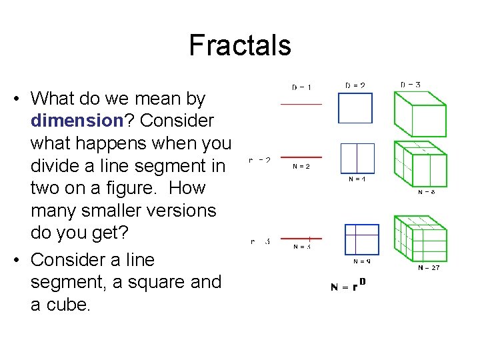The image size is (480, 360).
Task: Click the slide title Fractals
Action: [240, 45]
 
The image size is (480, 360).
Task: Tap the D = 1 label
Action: [302, 87]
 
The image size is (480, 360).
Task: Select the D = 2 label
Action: [355, 85]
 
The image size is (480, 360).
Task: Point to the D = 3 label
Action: [410, 85]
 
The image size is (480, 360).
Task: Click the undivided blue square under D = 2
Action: [356, 108]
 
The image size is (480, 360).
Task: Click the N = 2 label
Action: [301, 167]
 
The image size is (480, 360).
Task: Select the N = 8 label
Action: [427, 192]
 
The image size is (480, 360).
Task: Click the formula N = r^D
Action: [348, 287]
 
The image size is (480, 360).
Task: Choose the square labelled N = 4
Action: [357, 159]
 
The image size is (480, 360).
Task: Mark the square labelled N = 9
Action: [361, 239]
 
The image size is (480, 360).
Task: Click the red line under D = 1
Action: [301, 104]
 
